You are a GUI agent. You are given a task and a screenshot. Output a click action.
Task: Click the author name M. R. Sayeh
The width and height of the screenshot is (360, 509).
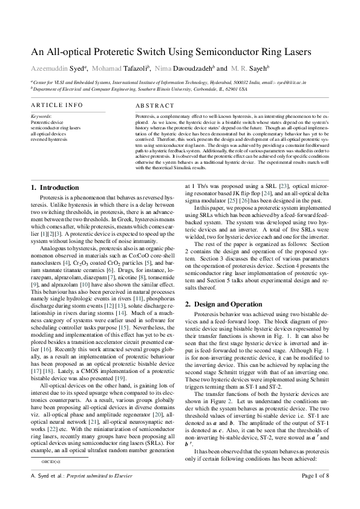pyautogui.click(x=251, y=67)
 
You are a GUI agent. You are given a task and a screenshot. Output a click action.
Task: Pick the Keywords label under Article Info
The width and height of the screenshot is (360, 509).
pyautogui.click(x=41, y=115)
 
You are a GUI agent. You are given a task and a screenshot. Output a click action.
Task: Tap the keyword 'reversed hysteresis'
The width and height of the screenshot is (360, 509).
pyautogui.click(x=48, y=139)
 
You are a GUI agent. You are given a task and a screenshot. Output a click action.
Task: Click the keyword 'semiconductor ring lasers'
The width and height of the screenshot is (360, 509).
pyautogui.click(x=55, y=128)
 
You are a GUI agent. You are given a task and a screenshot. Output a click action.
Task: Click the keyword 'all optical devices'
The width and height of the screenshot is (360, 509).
pyautogui.click(x=48, y=133)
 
